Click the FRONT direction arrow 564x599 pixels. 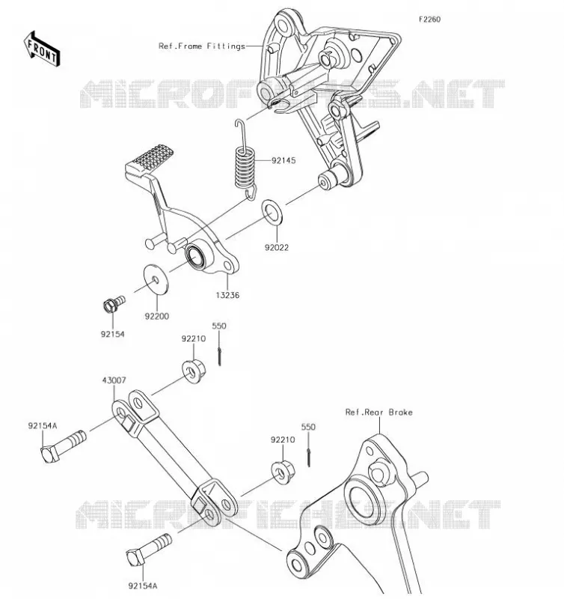click(42, 49)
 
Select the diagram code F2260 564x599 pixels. click(429, 19)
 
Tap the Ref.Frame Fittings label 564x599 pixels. click(201, 46)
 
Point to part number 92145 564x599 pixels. click(283, 160)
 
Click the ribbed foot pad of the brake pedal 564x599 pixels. click(150, 159)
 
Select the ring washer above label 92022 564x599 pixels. click(272, 212)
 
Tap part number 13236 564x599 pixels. click(227, 295)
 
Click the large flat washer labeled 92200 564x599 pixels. click(156, 279)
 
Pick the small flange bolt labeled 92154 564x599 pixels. click(114, 303)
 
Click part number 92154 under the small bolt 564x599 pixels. click(112, 334)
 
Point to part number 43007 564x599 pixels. click(114, 380)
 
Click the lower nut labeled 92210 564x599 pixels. click(283, 472)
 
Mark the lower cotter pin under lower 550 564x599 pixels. click(308, 457)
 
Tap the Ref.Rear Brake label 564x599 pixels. click(378, 413)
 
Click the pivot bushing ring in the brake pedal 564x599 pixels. click(195, 255)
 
